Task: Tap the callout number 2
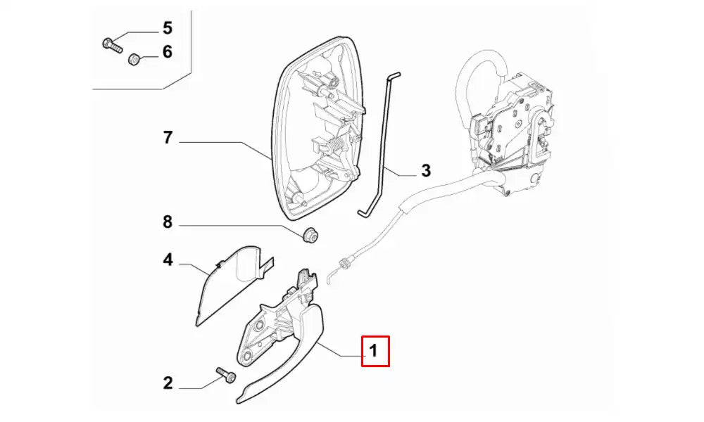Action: coord(168,383)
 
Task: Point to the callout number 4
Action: coord(168,260)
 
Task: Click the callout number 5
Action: coord(168,28)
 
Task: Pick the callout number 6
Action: coord(168,51)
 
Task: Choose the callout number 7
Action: coord(168,138)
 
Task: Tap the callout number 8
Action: coord(168,223)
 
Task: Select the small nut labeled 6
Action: coord(133,58)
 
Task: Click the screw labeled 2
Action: coord(225,374)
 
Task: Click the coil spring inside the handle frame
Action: coord(339,146)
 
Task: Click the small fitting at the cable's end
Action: coord(344,264)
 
